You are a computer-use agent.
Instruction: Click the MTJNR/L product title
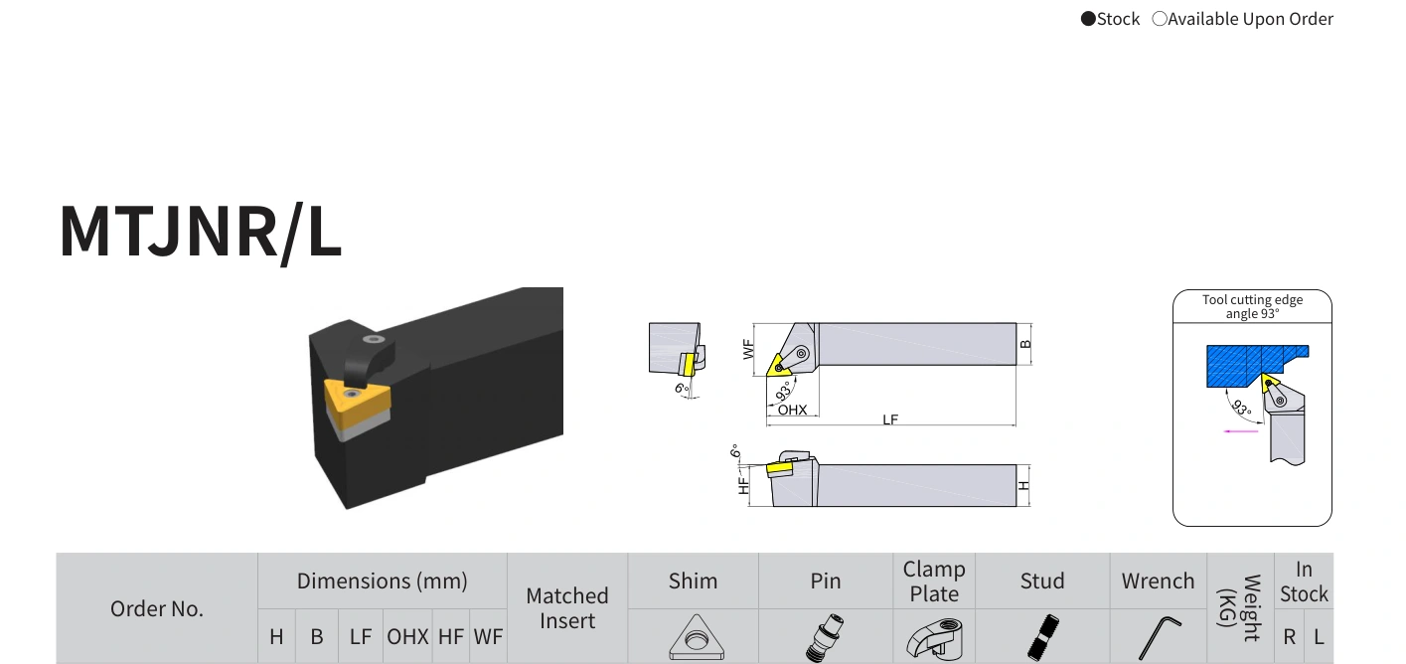tap(201, 232)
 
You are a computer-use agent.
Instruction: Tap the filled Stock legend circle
tap(1088, 19)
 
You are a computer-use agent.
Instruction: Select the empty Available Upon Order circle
tap(1160, 19)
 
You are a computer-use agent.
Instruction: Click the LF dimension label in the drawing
tap(890, 419)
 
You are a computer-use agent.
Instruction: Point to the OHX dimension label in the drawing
tap(792, 410)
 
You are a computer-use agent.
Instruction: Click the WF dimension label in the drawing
tap(747, 349)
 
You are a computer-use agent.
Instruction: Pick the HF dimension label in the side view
tap(744, 486)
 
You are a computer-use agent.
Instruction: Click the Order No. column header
tap(157, 608)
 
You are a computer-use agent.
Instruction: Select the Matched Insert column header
tap(567, 608)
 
